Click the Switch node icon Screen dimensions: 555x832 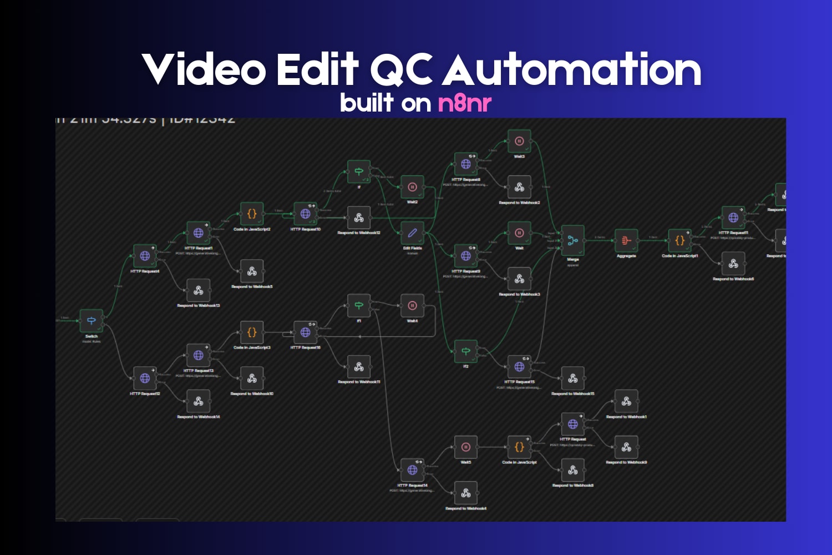pos(92,321)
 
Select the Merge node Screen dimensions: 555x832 pos(572,240)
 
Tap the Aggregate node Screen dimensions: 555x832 pos(626,240)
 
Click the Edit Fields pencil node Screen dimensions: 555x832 pos(412,233)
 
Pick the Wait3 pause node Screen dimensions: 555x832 pos(519,142)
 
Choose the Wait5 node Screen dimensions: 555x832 pos(466,447)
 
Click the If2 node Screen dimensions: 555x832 pos(466,351)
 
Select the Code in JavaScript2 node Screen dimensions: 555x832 pos(252,214)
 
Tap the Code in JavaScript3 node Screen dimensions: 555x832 pos(252,332)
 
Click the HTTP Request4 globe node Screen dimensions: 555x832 pos(145,256)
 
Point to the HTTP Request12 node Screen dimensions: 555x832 pos(145,378)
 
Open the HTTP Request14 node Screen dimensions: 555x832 pos(412,470)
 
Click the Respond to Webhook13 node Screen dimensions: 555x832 pos(198,290)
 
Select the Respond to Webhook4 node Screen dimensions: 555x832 pos(466,493)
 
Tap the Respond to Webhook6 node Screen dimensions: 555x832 pos(733,264)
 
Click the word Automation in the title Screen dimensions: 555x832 pos(571,70)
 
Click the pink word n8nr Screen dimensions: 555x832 pos(465,103)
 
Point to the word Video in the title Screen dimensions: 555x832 pos(204,70)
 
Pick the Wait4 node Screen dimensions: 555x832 pos(412,306)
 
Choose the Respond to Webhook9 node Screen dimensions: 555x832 pos(626,447)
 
